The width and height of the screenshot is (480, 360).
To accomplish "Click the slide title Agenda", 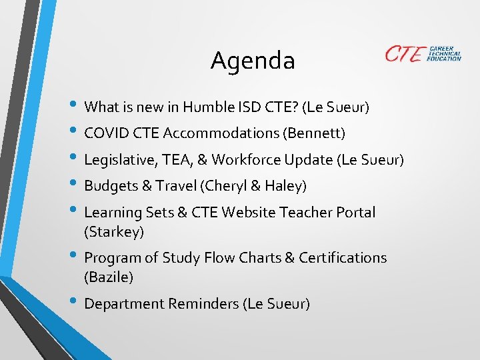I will [253, 61].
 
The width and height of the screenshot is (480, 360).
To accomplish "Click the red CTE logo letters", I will [404, 54].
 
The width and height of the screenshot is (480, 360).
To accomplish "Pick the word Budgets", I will [109, 185].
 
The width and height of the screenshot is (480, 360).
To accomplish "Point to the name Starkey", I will [114, 232].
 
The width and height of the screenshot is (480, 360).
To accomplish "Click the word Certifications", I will [343, 257].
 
